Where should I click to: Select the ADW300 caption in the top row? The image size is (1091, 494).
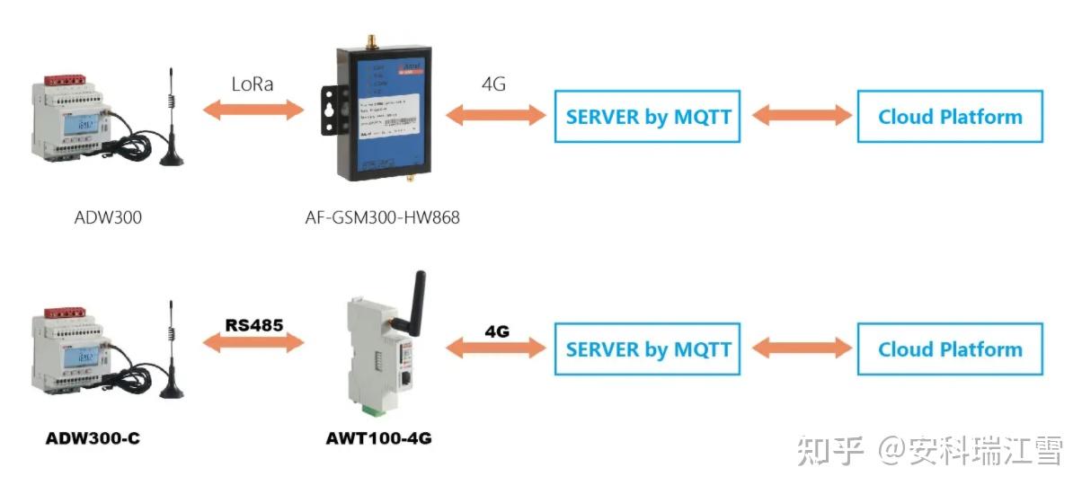pyautogui.click(x=109, y=216)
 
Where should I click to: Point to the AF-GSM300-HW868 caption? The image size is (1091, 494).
pyautogui.click(x=383, y=216)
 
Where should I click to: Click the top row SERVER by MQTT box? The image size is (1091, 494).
pyautogui.click(x=648, y=116)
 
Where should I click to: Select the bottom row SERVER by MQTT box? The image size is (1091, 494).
pyautogui.click(x=648, y=349)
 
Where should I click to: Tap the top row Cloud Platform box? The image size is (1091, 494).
pyautogui.click(x=950, y=116)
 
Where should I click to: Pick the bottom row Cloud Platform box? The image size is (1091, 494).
pyautogui.click(x=950, y=349)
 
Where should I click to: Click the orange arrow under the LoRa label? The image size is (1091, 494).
pyautogui.click(x=253, y=110)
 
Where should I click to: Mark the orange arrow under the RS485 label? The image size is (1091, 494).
pyautogui.click(x=253, y=343)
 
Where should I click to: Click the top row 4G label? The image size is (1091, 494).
pyautogui.click(x=493, y=85)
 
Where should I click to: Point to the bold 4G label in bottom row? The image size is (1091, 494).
pyautogui.click(x=497, y=331)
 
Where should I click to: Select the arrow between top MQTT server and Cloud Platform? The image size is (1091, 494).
pyautogui.click(x=802, y=115)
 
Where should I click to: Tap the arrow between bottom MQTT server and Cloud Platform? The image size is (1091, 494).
pyautogui.click(x=802, y=348)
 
